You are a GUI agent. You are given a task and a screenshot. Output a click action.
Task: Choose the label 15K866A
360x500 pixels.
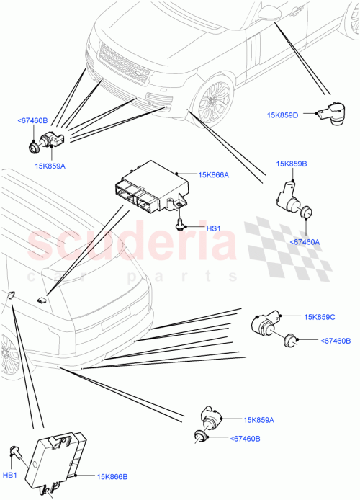(x=215, y=174)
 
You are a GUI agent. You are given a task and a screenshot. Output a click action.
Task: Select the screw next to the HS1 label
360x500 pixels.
(x=181, y=226)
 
